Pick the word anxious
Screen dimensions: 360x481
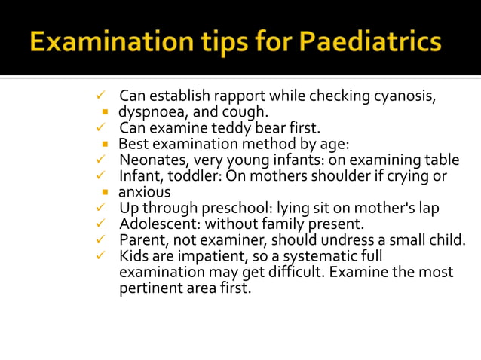(145, 191)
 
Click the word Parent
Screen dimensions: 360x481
(141, 239)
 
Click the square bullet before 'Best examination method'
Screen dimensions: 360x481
(106, 144)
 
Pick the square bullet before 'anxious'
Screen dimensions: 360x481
(106, 192)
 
